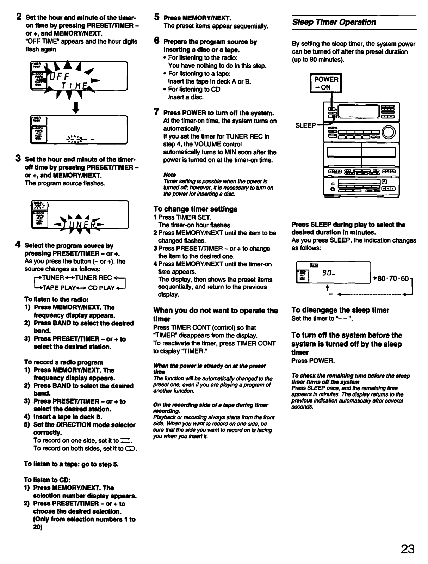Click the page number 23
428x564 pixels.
point(407,549)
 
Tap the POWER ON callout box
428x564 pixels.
point(325,83)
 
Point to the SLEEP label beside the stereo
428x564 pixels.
point(305,125)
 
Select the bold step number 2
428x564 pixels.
point(20,17)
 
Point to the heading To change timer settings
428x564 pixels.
point(195,209)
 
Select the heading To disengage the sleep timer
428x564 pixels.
point(340,310)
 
